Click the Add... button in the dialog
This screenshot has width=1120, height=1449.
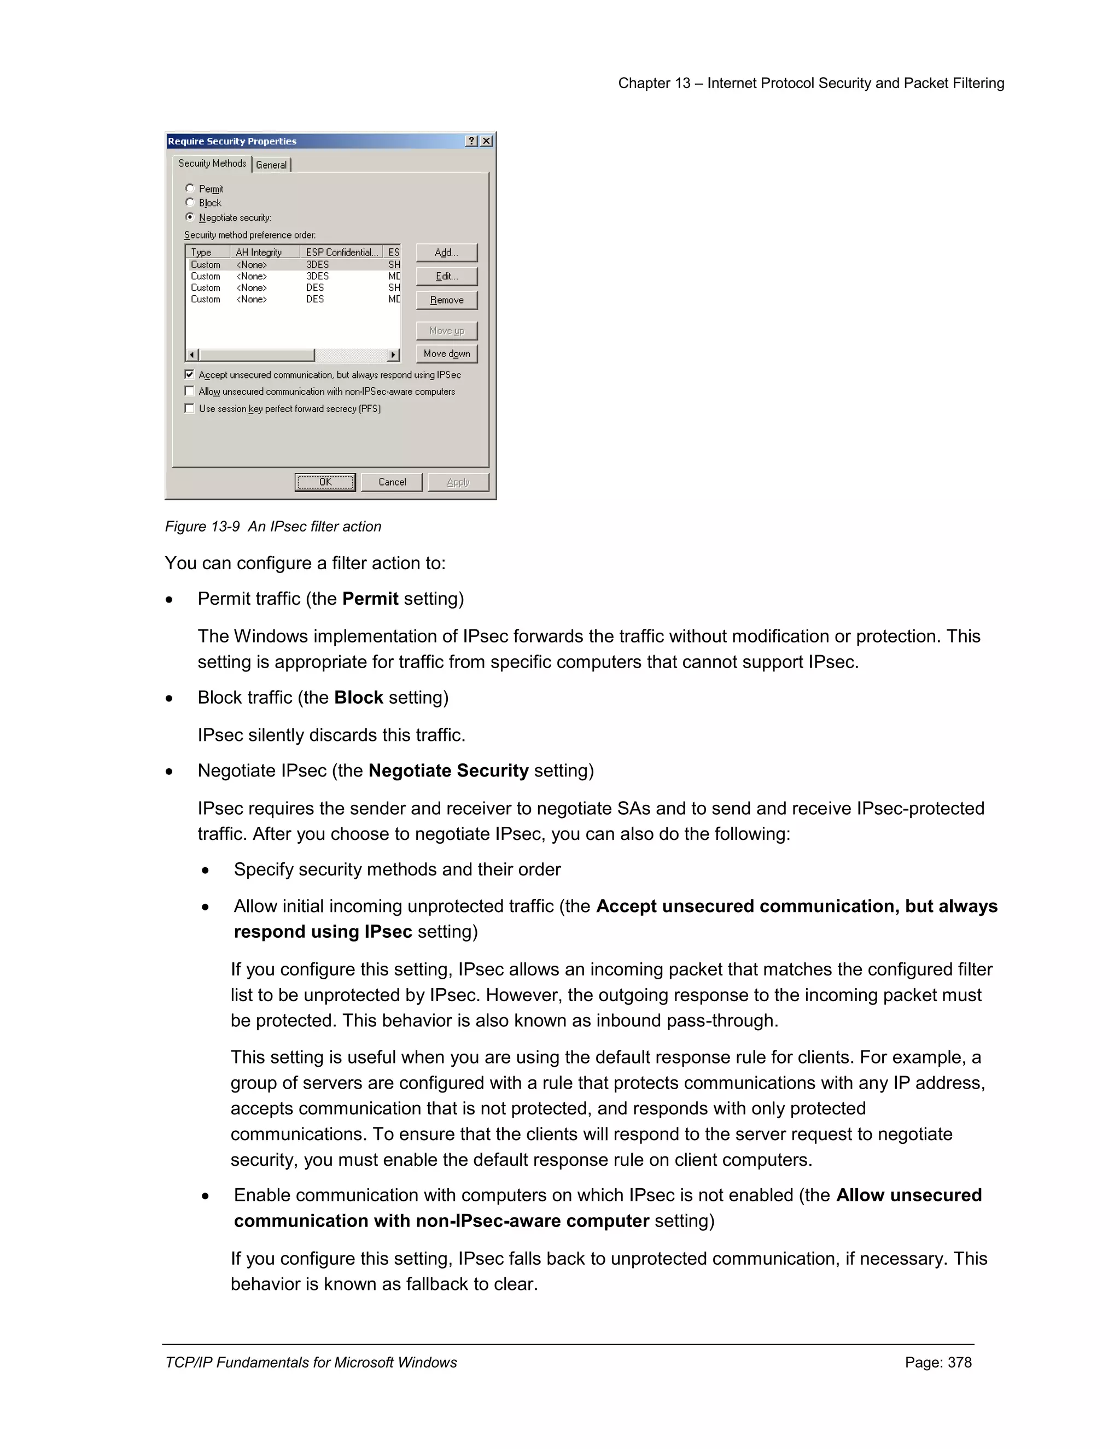(x=447, y=253)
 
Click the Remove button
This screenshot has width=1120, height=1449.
(x=447, y=300)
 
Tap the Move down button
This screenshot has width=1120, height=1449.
(x=447, y=354)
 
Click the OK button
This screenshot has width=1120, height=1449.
(x=325, y=482)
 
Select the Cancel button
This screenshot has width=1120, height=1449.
(x=392, y=482)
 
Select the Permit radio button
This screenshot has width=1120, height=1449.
(x=190, y=189)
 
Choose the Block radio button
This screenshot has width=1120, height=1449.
(x=190, y=202)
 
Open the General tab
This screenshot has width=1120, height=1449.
(x=271, y=165)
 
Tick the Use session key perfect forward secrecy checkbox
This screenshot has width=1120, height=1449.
(x=190, y=408)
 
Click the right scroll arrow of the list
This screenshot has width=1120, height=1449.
(x=393, y=355)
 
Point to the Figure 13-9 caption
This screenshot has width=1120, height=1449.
(x=273, y=527)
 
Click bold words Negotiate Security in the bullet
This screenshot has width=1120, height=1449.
(x=448, y=771)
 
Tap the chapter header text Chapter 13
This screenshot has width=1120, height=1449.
(x=654, y=84)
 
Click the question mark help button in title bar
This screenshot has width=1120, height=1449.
(x=471, y=141)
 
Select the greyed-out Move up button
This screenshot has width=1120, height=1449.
(x=447, y=330)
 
